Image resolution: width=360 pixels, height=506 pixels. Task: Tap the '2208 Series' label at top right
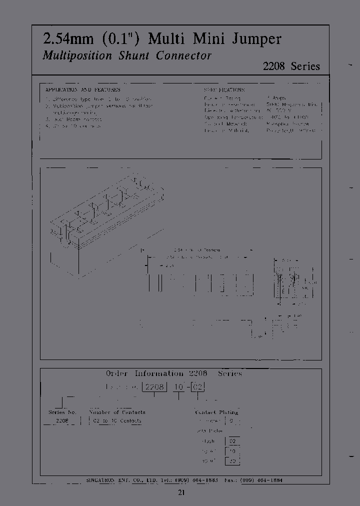pos(291,66)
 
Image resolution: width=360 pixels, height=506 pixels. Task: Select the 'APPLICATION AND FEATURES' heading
pos(82,89)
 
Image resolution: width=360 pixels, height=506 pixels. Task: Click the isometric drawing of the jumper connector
pos(105,215)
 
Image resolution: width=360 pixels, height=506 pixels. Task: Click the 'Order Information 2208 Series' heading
pos(173,373)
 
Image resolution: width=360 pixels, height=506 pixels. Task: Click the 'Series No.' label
pos(62,412)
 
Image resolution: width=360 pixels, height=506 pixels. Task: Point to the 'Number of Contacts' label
pos(117,412)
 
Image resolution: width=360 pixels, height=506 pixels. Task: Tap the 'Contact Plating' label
pos(216,412)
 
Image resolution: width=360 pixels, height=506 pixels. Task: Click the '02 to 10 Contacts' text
pos(117,421)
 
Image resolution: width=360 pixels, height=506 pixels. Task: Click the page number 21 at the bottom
pos(181,493)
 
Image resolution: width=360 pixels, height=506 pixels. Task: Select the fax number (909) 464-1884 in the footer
pos(263,480)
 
